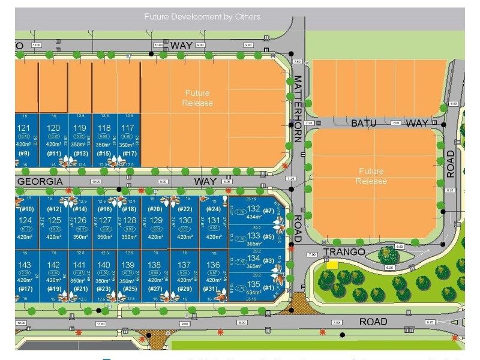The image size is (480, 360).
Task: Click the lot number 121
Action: click(x=24, y=128)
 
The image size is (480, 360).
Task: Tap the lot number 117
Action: click(x=127, y=128)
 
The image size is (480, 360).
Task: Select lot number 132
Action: click(x=253, y=209)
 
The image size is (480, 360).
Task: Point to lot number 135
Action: click(x=253, y=284)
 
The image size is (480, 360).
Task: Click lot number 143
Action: click(x=24, y=265)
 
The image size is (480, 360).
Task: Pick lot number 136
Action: click(x=213, y=265)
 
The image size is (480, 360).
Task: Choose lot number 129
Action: click(x=155, y=221)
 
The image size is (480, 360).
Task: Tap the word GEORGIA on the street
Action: click(x=40, y=181)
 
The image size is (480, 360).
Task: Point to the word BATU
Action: click(x=364, y=123)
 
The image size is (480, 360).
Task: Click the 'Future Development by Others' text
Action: click(x=202, y=16)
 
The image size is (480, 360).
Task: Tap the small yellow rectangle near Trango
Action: click(x=332, y=264)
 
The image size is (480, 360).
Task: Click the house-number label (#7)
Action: click(x=268, y=210)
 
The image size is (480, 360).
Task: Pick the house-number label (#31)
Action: click(x=210, y=289)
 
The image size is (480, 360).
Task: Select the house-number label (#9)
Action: click(x=23, y=154)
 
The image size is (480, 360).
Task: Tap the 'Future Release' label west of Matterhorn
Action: click(x=198, y=98)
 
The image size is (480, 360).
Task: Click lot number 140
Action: click(x=104, y=265)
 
